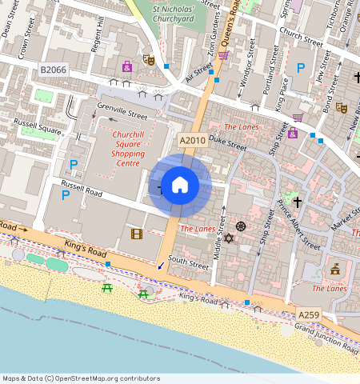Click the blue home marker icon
180,186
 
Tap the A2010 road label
192,141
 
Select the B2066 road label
53,71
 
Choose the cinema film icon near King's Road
136,234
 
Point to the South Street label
189,262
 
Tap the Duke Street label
228,142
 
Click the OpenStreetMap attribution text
80,378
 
